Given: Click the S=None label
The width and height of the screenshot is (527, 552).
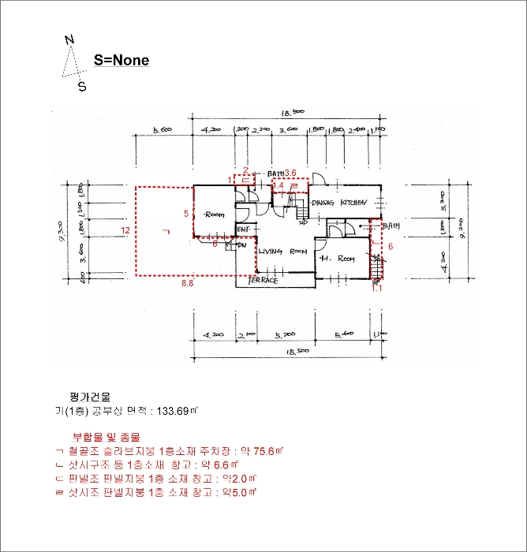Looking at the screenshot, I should pyautogui.click(x=121, y=60).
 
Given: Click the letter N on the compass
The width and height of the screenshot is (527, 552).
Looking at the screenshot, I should pyautogui.click(x=69, y=40).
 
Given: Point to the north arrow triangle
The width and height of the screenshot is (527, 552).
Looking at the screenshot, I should pyautogui.click(x=73, y=62).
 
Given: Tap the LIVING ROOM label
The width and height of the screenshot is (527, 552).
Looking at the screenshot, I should pyautogui.click(x=282, y=252).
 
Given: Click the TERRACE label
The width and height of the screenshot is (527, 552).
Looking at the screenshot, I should pyautogui.click(x=263, y=280).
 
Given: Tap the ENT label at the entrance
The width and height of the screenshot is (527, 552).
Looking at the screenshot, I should pyautogui.click(x=244, y=229).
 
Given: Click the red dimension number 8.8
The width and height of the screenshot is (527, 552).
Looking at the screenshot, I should pyautogui.click(x=188, y=282).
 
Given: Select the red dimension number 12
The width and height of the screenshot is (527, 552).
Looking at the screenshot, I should pyautogui.click(x=125, y=229).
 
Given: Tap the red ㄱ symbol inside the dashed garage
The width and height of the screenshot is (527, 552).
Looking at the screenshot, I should pyautogui.click(x=164, y=231).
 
